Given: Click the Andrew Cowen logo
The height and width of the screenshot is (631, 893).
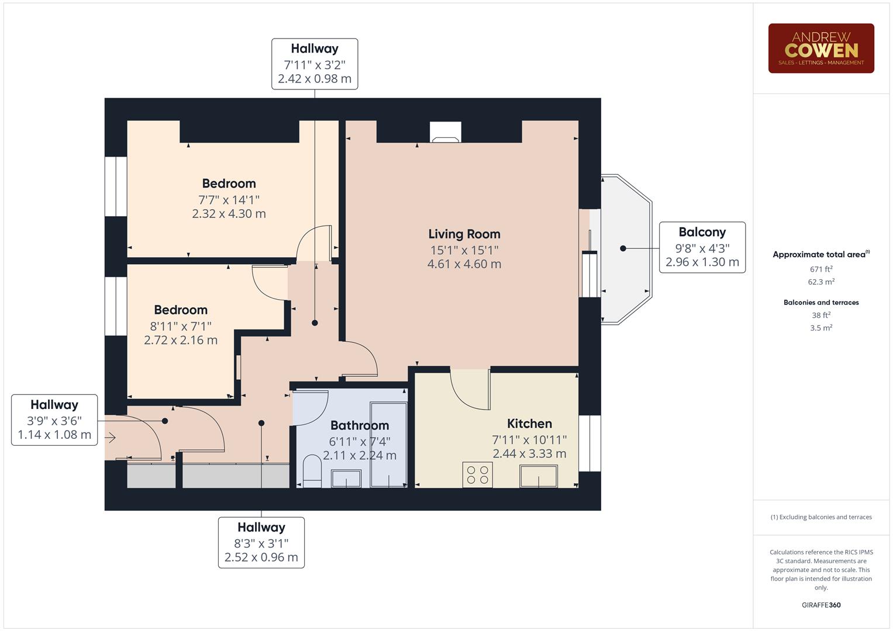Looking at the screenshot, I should coord(820,48).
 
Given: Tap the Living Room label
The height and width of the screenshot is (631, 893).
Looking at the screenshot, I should coord(464,234).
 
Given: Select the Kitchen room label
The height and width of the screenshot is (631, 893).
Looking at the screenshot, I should coord(529,424).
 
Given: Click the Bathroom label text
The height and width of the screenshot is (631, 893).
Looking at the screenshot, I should coord(359,425).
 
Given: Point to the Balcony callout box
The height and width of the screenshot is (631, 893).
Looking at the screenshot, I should coord(702,247).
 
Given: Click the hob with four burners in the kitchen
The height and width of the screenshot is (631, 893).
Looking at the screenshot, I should coord(477,474).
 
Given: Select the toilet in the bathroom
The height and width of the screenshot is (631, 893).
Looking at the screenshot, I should coord(312,471).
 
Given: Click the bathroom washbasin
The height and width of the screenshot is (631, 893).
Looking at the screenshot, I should coord(346,479).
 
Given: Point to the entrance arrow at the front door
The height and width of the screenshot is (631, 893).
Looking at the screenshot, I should coord(111,438).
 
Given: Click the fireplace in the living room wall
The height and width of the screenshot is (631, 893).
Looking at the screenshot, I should coord(446,132).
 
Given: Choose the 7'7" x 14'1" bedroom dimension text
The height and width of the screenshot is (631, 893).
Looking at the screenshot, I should coord(229,200).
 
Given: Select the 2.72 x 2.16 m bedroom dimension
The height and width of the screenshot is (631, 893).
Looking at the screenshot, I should coord(181,340).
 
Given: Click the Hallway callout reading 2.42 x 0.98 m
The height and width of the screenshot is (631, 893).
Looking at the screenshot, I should coord(315,64).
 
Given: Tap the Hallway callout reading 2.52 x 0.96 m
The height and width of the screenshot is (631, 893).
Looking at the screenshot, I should coord(261,542).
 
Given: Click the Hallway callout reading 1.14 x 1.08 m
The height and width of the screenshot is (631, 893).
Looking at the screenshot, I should coord(54,419).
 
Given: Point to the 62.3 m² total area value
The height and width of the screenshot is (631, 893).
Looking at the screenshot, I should coord(821,282).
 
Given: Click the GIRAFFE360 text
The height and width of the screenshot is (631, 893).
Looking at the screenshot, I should coord(821,605).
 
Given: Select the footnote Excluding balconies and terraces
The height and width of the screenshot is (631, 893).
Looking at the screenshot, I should coord(821,517).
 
